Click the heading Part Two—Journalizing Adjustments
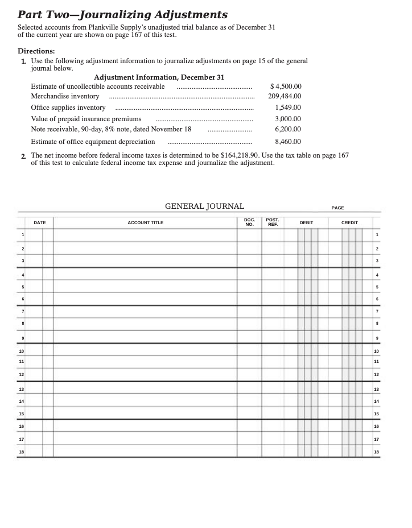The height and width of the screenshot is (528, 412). pos(122,15)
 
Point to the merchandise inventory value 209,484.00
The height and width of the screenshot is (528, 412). pos(285,96)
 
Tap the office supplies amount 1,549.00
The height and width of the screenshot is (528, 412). pos(287,108)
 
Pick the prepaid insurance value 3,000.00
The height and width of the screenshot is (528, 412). pos(287,119)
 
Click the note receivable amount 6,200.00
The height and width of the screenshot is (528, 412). pos(287,129)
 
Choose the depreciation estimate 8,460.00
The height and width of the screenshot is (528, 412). pos(287,142)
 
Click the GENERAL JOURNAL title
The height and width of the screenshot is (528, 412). pos(204,207)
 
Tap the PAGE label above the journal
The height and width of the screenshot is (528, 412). pos(337,208)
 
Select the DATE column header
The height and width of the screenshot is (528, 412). pos(40,222)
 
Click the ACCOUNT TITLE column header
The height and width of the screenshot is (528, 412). pos(145,222)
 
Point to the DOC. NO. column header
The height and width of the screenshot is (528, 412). pos(249,222)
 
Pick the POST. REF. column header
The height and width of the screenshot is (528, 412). pos(273,222)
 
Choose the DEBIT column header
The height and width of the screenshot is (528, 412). pos(306,222)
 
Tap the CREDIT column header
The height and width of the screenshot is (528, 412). pos(349,222)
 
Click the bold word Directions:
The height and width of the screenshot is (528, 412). pos(36,51)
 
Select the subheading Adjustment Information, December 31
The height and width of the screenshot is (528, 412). pos(159,77)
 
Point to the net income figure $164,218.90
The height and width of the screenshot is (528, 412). pos(224,155)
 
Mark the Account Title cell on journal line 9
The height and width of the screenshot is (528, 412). pos(145,337)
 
